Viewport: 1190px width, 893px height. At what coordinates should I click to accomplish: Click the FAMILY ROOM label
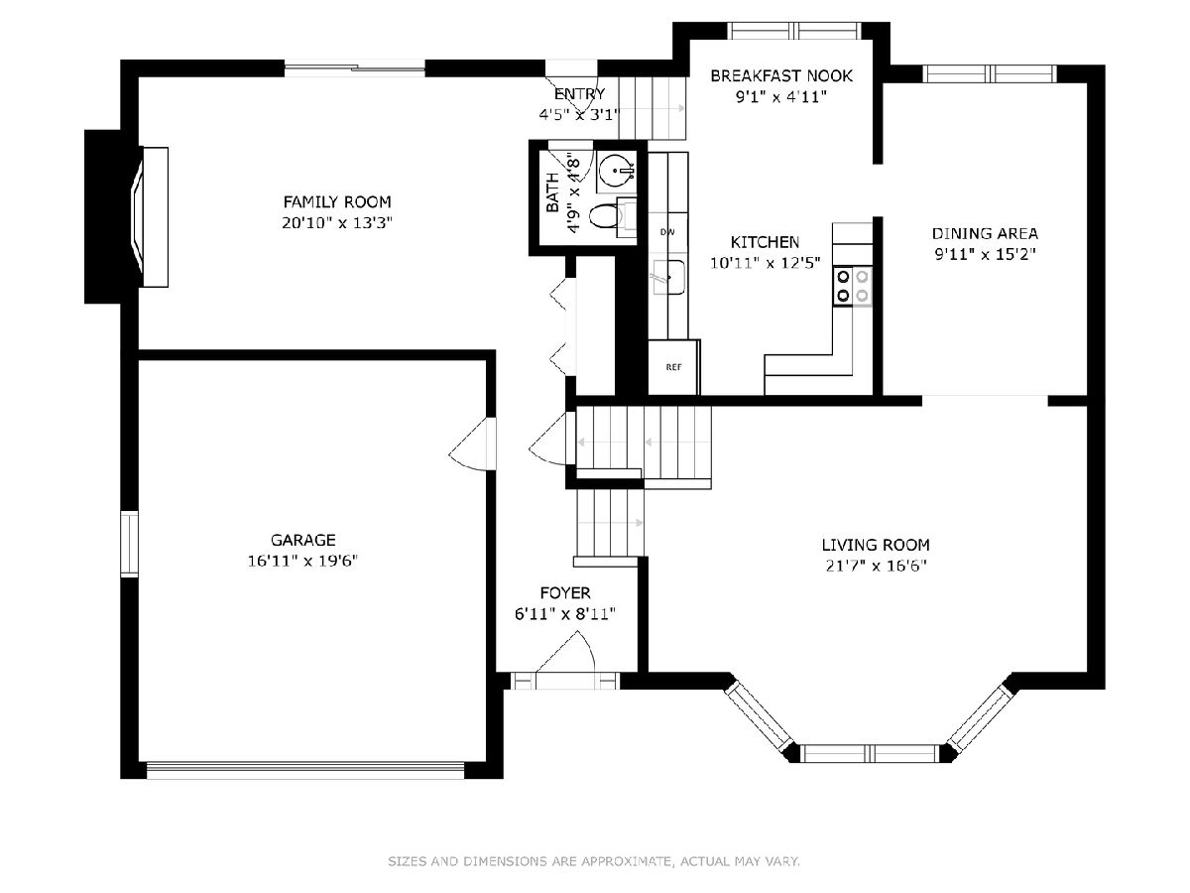[336, 202]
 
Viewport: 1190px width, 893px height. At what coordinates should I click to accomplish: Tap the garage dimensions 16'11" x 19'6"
[302, 561]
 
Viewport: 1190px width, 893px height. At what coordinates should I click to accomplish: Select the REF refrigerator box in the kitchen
[672, 367]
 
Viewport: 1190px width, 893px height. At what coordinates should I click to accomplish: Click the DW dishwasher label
[667, 232]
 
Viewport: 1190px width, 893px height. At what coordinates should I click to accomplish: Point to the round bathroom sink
[617, 172]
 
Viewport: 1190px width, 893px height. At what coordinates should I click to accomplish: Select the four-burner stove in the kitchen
[852, 287]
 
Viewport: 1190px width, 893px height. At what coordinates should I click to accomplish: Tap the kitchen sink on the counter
[668, 277]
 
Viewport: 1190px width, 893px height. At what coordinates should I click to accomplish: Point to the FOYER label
[565, 592]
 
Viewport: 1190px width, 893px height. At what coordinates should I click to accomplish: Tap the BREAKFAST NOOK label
[781, 76]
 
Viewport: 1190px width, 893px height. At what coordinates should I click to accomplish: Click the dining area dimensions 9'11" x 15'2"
[985, 254]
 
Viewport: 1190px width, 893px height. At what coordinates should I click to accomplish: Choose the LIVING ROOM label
[876, 545]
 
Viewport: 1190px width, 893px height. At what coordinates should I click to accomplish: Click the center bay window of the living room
[870, 753]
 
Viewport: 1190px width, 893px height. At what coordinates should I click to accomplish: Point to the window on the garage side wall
[129, 544]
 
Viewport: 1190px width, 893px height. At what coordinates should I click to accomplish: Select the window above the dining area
[990, 73]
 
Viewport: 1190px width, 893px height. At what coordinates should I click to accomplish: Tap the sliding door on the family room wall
[355, 68]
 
